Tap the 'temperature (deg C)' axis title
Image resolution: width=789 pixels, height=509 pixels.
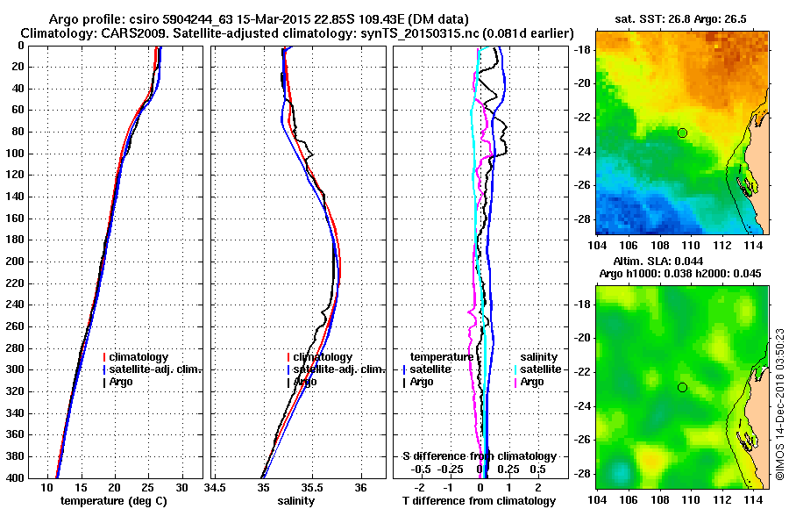pos(113,500)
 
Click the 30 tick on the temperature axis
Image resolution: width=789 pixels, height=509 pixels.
pos(181,486)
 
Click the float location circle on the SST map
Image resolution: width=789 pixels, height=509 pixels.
pos(682,133)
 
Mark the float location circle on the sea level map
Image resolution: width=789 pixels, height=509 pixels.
pos(682,387)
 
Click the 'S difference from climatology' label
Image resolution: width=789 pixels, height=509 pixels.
pos(480,456)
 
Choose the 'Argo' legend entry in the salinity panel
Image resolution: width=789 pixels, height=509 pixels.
pos(305,382)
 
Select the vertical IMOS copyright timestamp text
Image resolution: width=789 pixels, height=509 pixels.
pos(779,404)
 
